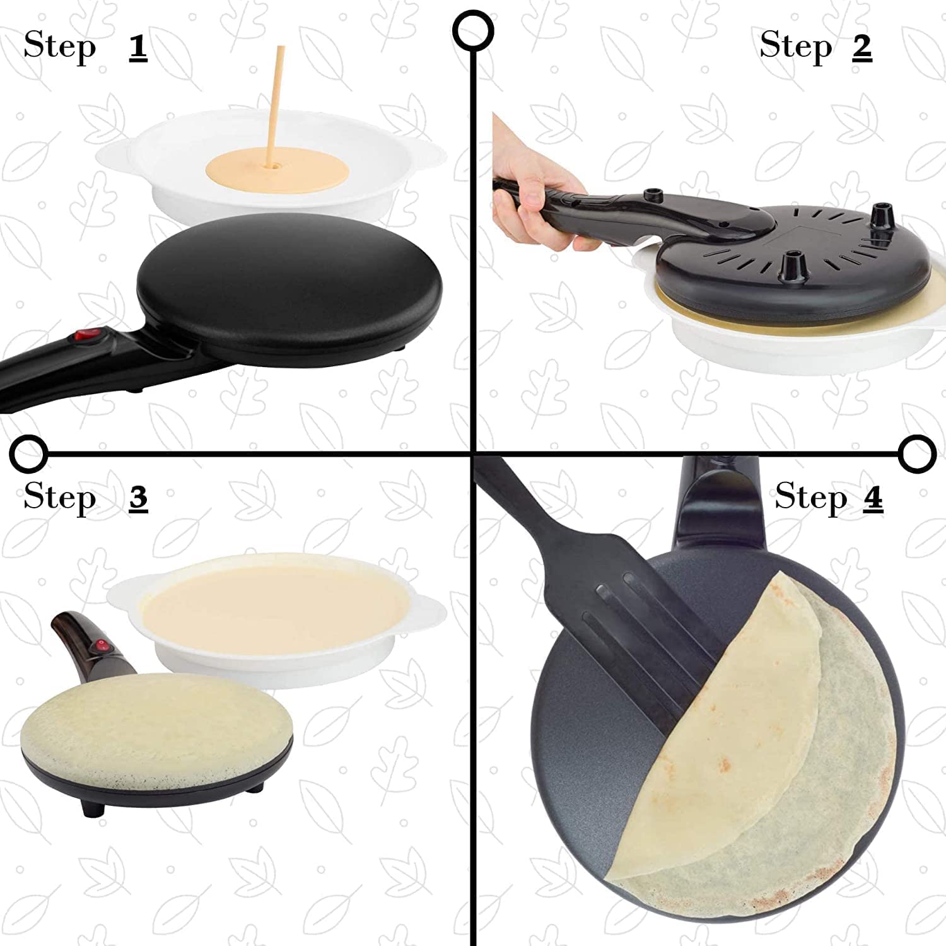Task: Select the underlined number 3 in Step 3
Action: pyautogui.click(x=138, y=498)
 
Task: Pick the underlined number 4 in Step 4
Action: pyautogui.click(x=872, y=498)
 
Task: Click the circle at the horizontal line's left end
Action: pyautogui.click(x=28, y=453)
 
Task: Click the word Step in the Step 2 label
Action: pyautogui.click(x=796, y=46)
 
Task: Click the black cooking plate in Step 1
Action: pyautogui.click(x=290, y=277)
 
